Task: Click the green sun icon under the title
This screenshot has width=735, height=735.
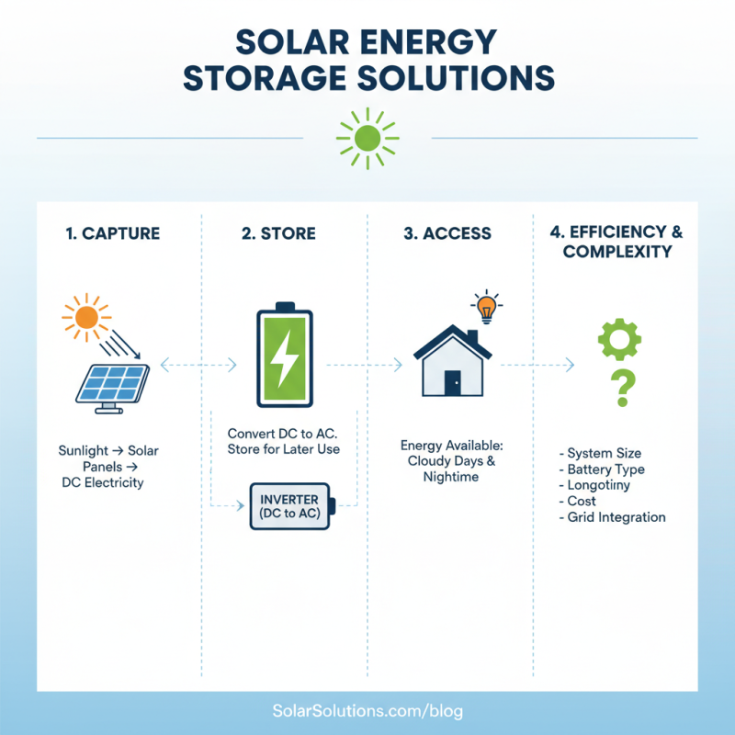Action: point(367,138)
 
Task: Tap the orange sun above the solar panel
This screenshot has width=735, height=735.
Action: point(86,318)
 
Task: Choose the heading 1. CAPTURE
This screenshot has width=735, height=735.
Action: point(113,233)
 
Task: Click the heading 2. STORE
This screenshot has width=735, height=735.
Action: point(278,233)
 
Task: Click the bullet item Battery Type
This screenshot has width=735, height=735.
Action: point(603,469)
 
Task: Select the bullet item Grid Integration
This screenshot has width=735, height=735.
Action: point(612,517)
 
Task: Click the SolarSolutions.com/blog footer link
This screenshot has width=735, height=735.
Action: point(367,711)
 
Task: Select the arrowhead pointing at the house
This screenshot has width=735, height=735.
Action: point(398,366)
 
